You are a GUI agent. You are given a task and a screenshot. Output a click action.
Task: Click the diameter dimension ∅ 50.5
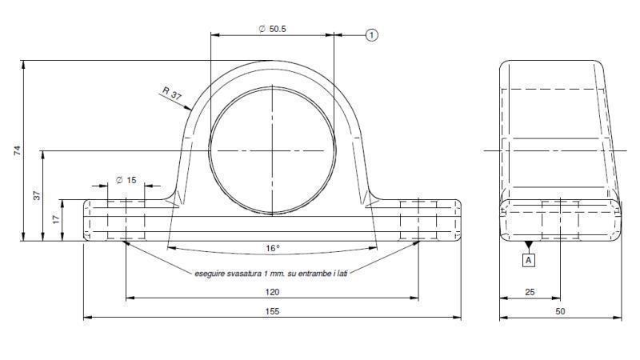(x=273, y=29)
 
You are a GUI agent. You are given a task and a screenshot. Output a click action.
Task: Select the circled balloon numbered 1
(x=371, y=34)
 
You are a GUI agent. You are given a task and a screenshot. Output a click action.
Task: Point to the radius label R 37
(x=172, y=94)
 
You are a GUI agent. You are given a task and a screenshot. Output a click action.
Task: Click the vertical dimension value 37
(x=36, y=194)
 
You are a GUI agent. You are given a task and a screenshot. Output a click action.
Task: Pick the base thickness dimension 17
(x=56, y=219)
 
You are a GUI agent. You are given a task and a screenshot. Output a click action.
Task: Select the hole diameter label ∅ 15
(x=126, y=180)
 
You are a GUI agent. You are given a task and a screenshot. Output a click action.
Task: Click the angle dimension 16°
(x=273, y=248)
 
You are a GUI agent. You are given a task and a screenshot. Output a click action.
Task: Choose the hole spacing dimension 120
(x=273, y=292)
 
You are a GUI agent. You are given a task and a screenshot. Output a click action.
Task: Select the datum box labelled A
(x=528, y=260)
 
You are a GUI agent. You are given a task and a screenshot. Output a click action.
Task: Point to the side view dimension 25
(x=530, y=292)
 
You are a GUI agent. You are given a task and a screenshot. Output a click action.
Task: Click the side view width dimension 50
(x=560, y=312)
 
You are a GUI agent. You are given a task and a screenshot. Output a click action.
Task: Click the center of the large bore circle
(x=272, y=150)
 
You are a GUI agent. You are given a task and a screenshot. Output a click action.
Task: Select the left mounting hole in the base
(x=126, y=219)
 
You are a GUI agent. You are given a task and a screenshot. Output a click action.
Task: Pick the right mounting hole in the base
(x=418, y=219)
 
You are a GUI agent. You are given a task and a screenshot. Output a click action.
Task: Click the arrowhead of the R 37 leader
(x=190, y=109)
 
